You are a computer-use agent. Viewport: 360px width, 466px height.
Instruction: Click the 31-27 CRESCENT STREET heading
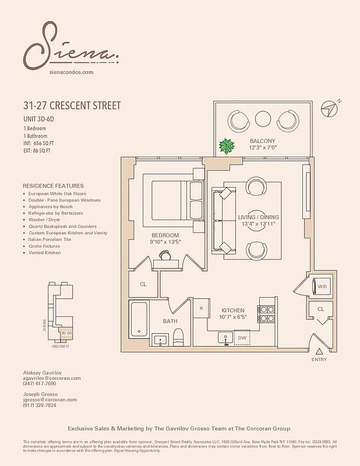pyautogui.click(x=72, y=106)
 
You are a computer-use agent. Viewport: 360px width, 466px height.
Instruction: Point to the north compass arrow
pyautogui.click(x=332, y=108)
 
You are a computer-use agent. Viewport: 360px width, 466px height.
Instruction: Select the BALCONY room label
pyautogui.click(x=263, y=142)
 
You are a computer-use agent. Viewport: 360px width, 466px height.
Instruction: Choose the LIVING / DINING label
pyautogui.click(x=259, y=217)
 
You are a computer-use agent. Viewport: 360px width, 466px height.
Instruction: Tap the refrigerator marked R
pyautogui.click(x=201, y=308)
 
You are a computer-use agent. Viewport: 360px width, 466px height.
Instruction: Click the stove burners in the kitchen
pyautogui.click(x=267, y=314)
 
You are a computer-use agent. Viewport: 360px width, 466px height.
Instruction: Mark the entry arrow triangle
pyautogui.click(x=319, y=351)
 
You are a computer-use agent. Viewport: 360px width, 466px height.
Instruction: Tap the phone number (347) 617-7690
pyautogui.click(x=40, y=384)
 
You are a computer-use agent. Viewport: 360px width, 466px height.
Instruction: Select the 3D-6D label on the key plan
pyautogui.click(x=66, y=333)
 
